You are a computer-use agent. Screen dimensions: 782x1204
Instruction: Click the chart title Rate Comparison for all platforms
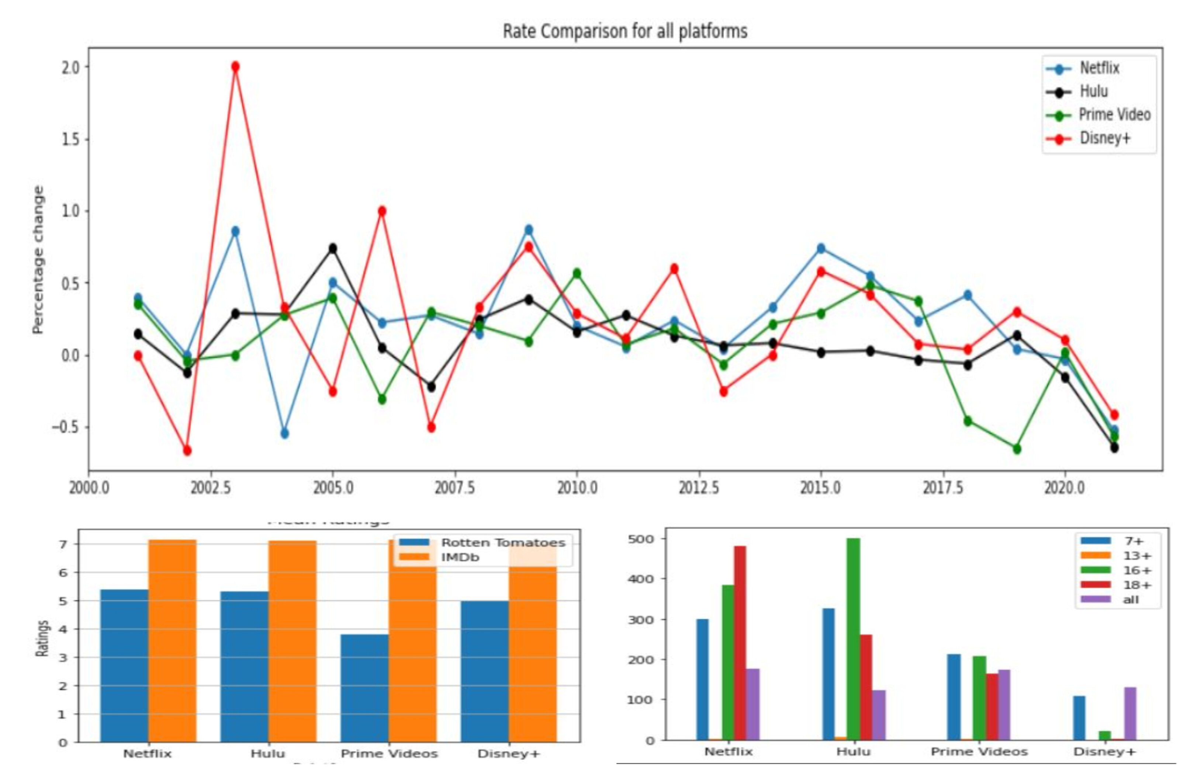coord(625,31)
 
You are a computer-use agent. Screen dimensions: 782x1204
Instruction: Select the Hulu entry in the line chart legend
coord(1093,91)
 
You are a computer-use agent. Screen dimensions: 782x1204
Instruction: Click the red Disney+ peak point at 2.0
coord(235,67)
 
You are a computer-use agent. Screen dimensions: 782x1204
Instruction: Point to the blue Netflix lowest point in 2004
coord(285,433)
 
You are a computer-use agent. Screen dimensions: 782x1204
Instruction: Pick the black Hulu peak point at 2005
coord(333,248)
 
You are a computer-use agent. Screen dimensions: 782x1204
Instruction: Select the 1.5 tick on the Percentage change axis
coord(70,139)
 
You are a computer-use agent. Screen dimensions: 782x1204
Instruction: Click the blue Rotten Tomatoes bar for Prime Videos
coord(364,688)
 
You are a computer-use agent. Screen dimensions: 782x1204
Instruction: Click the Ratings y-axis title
coord(42,639)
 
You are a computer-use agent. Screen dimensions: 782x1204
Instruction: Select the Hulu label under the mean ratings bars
coord(267,754)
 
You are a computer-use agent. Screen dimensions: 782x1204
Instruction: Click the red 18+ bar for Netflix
coord(740,643)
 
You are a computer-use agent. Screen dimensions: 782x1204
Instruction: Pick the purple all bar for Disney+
coord(1130,714)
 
